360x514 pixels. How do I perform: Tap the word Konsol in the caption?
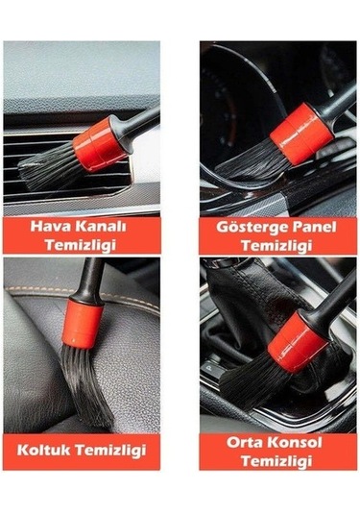tap(293, 442)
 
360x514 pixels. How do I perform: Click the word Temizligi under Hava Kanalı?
tap(81, 246)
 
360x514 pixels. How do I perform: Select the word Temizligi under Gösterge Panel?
tap(278, 246)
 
